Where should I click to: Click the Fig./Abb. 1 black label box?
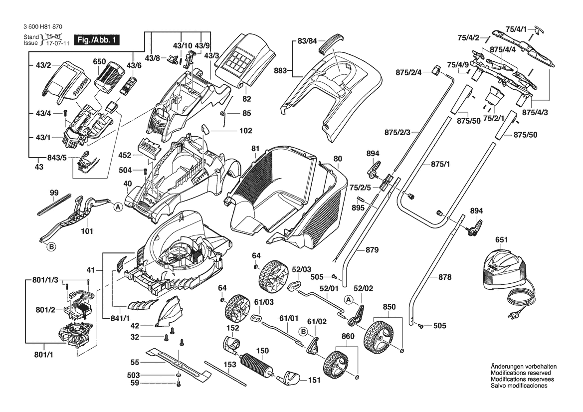click(96, 40)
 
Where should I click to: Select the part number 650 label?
click(100, 62)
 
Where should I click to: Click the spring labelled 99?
click(54, 205)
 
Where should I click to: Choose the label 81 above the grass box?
click(255, 148)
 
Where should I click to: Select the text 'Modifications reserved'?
click(521, 373)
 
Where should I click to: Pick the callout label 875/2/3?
click(397, 132)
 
